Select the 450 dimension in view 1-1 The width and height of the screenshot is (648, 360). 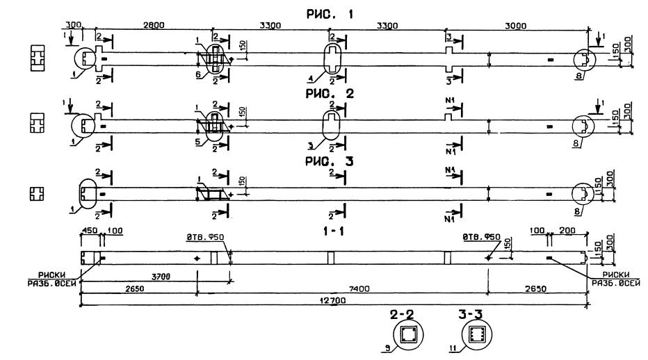(x=88, y=233)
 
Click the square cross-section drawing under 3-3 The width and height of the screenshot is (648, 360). (x=476, y=334)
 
